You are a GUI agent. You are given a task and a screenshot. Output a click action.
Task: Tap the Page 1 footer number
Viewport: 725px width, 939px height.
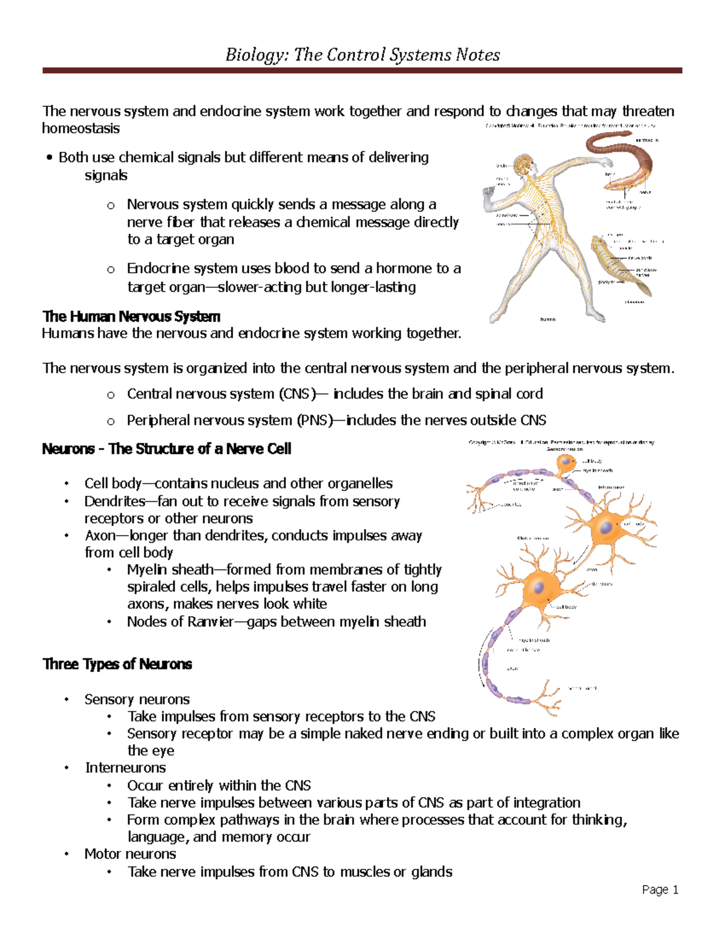(x=660, y=889)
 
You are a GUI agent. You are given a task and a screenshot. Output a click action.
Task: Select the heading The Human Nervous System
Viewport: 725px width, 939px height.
(x=131, y=316)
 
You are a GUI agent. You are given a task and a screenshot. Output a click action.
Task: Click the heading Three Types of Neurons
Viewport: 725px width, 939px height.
(x=117, y=664)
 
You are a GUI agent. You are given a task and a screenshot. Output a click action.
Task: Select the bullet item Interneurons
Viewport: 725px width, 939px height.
(x=125, y=768)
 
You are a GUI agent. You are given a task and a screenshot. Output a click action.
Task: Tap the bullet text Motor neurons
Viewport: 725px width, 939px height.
(x=130, y=854)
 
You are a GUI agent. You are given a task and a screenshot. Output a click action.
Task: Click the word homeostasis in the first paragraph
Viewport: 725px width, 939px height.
(x=81, y=128)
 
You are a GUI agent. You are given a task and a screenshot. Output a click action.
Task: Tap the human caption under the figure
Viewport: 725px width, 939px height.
(x=547, y=319)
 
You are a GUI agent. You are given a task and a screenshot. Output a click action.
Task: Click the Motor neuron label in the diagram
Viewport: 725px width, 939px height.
(x=532, y=538)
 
